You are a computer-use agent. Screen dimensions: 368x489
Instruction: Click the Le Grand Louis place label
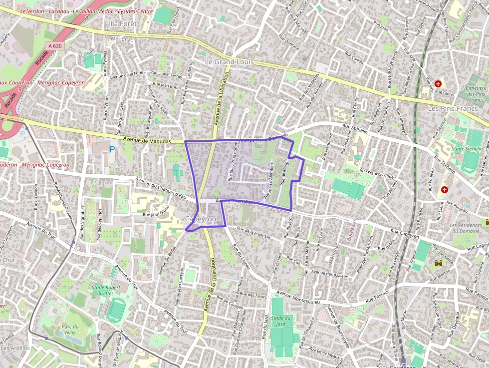tap(230, 62)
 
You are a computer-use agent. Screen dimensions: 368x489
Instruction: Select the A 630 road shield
tap(55, 46)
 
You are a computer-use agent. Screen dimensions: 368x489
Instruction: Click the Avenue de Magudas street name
tap(147, 141)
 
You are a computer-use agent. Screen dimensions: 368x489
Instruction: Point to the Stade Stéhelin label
tap(467, 149)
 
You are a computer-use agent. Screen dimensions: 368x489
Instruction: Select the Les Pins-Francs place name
tap(453, 108)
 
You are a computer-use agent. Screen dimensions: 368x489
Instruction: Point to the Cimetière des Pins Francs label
tap(475, 90)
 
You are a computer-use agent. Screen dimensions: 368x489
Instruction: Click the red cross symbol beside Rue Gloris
tap(438, 84)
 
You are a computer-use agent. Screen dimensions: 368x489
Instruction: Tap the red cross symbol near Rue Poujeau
tap(444, 190)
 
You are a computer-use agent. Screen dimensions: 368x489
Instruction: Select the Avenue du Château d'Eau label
tap(161, 187)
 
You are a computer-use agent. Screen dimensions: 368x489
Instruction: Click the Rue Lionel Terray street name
tap(167, 75)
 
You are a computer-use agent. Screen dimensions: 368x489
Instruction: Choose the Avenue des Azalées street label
tap(329, 274)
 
